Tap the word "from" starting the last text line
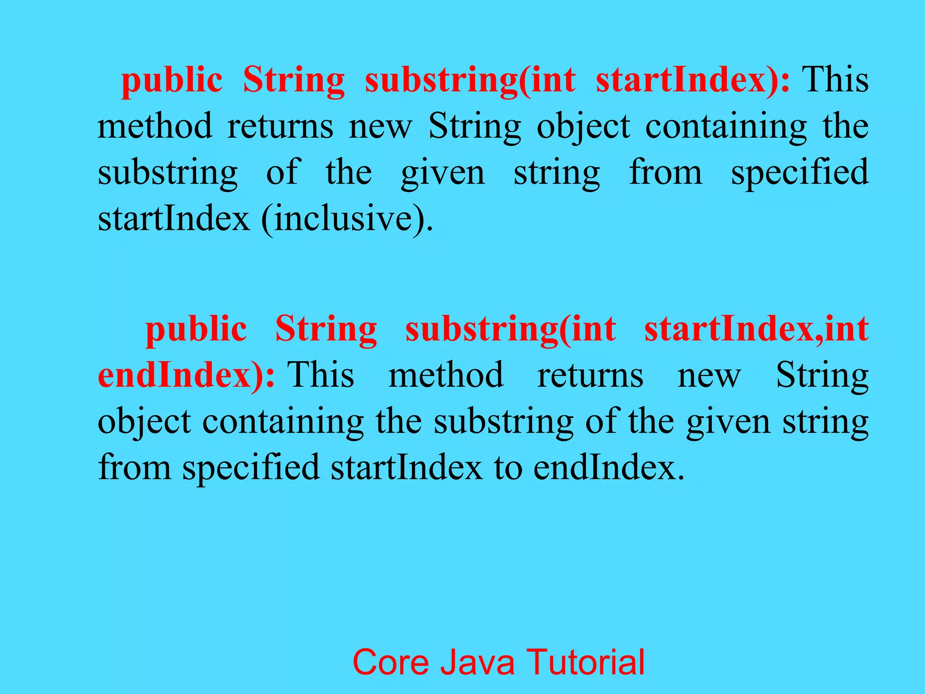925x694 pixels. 135,468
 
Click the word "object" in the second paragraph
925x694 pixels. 145,422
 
